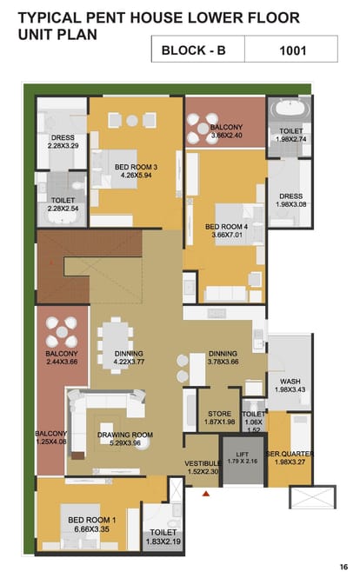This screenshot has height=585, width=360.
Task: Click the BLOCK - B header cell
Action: (x=198, y=50)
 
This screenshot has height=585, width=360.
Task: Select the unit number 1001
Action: (x=293, y=50)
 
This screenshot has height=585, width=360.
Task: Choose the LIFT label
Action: (x=242, y=454)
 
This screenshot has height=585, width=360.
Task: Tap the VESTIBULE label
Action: (x=203, y=463)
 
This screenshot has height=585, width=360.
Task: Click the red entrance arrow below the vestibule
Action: (x=205, y=494)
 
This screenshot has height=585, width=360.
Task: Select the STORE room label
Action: (x=219, y=414)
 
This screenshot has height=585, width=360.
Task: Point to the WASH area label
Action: (x=290, y=382)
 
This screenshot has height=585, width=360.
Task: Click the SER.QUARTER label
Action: (x=290, y=454)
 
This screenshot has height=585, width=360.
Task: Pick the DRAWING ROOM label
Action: (x=125, y=435)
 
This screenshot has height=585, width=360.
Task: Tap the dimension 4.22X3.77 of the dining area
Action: (x=129, y=362)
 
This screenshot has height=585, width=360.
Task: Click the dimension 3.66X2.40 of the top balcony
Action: (x=226, y=135)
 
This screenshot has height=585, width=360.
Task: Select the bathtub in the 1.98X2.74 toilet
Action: (x=291, y=108)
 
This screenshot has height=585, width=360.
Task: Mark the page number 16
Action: (x=343, y=567)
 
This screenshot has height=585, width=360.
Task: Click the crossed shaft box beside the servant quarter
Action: (x=313, y=497)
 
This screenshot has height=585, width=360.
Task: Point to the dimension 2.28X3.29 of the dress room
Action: (x=63, y=145)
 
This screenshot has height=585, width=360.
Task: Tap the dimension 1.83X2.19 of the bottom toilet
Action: (x=163, y=542)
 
